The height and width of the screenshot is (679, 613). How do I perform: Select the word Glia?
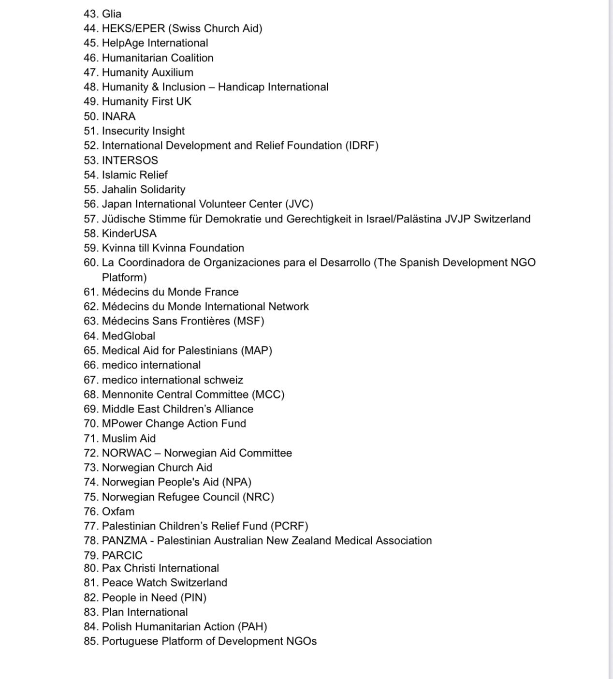(x=112, y=14)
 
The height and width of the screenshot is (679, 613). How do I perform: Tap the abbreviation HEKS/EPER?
(x=133, y=29)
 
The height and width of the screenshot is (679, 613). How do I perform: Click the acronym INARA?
(x=118, y=117)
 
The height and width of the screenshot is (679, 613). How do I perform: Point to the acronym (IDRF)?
(x=362, y=146)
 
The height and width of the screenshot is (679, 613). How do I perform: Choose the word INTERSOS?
(x=130, y=161)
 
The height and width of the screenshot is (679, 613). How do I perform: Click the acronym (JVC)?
(x=299, y=204)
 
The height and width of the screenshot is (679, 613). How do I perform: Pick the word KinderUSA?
(x=129, y=234)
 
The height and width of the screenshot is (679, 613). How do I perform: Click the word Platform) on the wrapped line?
(x=124, y=278)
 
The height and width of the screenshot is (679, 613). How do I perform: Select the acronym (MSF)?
(x=249, y=321)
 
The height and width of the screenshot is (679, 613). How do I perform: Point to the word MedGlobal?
(x=129, y=336)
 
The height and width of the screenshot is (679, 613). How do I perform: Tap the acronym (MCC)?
(x=268, y=395)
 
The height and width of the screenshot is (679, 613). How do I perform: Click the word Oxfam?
(x=118, y=512)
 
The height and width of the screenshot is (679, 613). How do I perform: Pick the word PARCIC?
(x=122, y=556)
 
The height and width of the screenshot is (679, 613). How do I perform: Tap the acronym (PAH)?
(x=252, y=627)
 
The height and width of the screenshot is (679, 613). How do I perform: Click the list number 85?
(x=90, y=641)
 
